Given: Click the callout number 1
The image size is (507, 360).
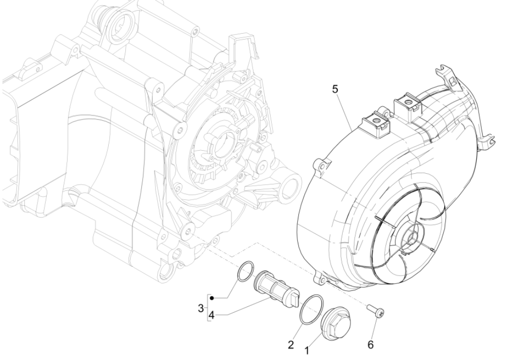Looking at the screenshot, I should pos(307,350).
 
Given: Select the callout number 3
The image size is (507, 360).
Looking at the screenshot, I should pos(201,308).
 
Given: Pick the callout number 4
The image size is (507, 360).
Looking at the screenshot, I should pos(212,316).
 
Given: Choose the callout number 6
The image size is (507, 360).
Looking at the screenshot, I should pos(370,345).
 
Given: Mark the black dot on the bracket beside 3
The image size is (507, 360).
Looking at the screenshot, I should pos(213,297).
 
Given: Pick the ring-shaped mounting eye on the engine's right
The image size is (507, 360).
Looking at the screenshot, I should pos(292,186).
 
